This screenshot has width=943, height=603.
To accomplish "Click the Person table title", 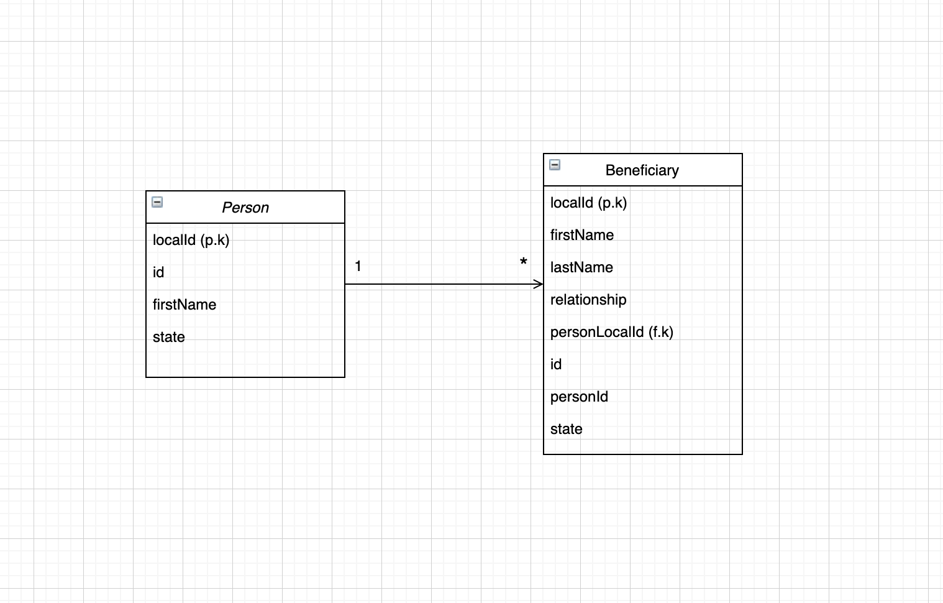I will (245, 208).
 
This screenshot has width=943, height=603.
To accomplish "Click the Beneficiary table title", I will (642, 170).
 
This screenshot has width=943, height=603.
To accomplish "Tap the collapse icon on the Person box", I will (157, 202).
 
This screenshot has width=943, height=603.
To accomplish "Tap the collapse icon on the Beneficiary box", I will (555, 165).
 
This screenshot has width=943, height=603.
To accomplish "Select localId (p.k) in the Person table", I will (191, 240).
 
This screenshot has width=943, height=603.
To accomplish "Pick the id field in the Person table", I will (158, 272).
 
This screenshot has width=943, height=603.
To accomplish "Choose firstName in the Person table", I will (184, 305).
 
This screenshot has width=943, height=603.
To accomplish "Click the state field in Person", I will (169, 337).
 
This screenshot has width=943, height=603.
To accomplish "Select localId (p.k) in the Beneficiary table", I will (588, 203).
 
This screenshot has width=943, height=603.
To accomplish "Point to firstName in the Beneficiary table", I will (582, 235).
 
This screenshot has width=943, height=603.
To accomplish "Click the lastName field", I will (581, 267).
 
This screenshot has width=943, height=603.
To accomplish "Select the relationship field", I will (588, 300).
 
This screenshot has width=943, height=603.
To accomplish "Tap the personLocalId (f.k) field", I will (611, 332).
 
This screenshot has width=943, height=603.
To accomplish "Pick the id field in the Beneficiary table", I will (556, 364).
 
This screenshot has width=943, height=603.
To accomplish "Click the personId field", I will (579, 397).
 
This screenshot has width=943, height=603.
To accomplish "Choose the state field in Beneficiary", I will (567, 429).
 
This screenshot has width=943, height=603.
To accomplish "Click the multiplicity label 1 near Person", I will (358, 266).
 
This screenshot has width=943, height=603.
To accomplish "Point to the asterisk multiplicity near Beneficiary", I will (524, 262).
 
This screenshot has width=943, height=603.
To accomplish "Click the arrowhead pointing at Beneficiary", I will (539, 284).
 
